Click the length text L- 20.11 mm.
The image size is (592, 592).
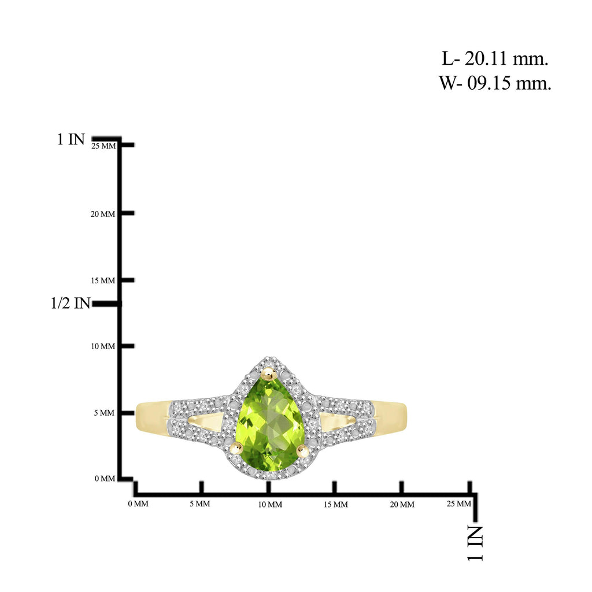coord(495,59)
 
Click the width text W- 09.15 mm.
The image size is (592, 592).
coord(495,83)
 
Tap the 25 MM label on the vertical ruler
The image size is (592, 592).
coord(103,146)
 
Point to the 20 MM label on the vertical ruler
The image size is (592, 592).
coord(103,214)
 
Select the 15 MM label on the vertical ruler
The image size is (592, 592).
coord(103,280)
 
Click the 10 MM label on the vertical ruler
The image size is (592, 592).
coord(103,346)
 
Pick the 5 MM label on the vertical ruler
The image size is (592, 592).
coord(104,413)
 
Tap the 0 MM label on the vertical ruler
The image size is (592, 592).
coord(105,479)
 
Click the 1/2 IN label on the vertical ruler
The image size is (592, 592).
coord(71,303)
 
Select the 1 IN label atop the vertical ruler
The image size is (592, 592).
coord(71,140)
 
